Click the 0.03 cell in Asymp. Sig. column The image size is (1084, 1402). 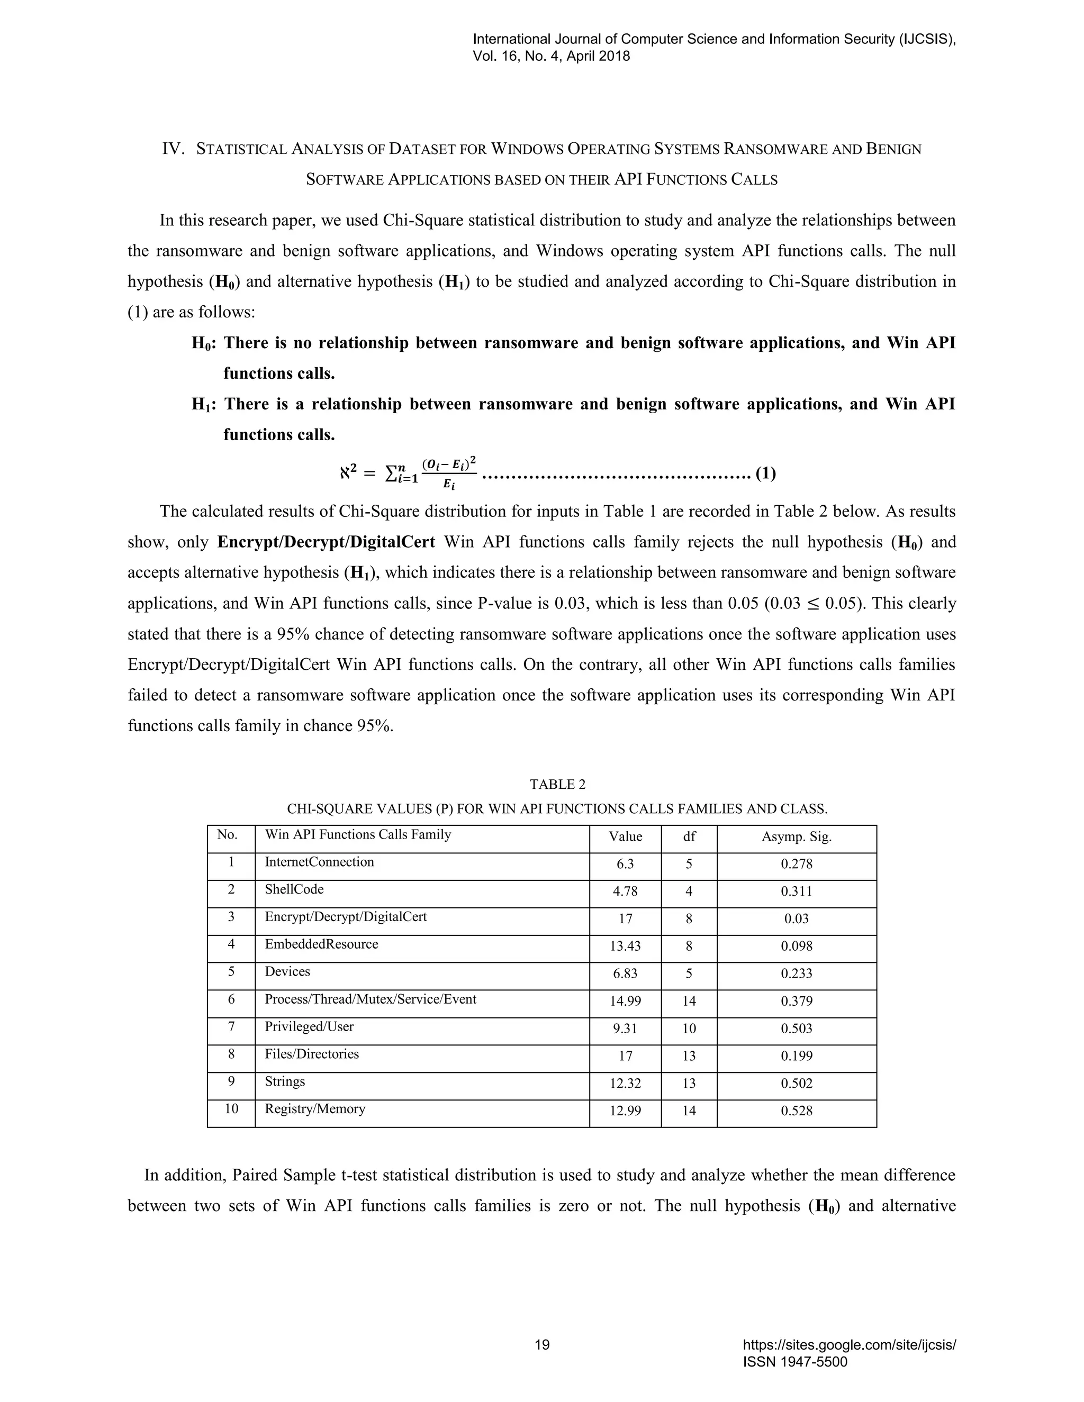pos(796,918)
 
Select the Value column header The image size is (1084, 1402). pos(625,836)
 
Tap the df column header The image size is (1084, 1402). pos(689,836)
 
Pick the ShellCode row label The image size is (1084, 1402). pos(294,889)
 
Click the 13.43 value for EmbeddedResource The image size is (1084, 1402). pos(625,946)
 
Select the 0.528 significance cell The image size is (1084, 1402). pos(796,1110)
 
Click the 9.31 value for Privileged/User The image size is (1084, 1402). pos(625,1028)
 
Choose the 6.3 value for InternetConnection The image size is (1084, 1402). pos(625,864)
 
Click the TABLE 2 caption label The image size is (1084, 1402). pos(557,785)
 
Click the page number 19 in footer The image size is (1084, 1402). pos(542,1345)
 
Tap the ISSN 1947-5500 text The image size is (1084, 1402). pos(795,1362)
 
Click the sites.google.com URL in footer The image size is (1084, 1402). pos(849,1345)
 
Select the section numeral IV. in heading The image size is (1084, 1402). pos(174,149)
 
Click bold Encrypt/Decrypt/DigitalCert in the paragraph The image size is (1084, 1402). pos(326,542)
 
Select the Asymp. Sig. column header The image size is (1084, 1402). pos(796,836)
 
